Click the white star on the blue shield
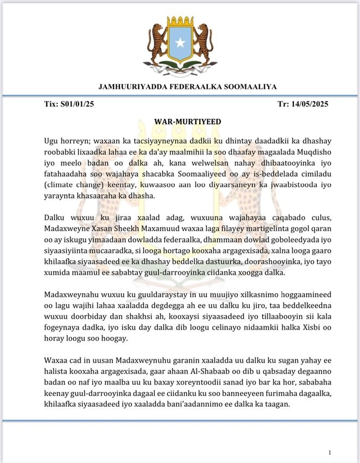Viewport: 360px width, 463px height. click(x=179, y=43)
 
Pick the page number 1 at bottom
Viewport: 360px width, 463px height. click(x=330, y=453)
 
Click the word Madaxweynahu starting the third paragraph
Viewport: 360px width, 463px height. click(x=70, y=297)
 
